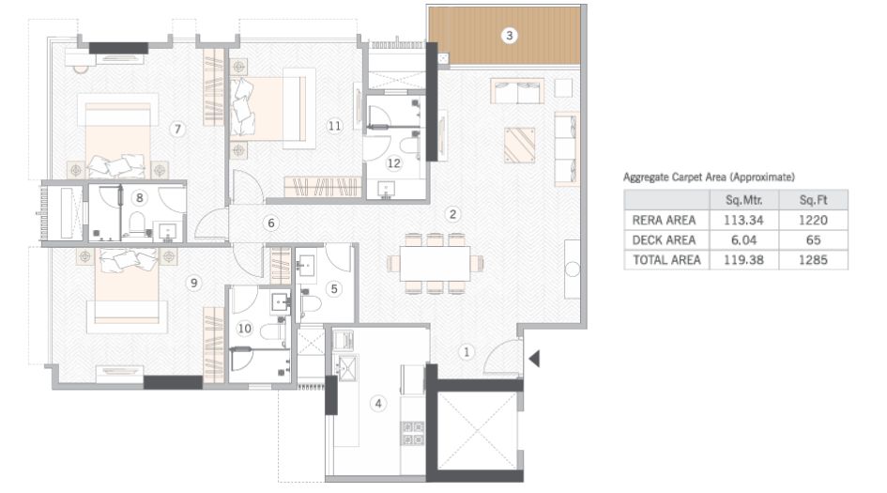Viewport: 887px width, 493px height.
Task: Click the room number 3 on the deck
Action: [x=509, y=36]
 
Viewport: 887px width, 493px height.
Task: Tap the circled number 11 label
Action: [x=333, y=124]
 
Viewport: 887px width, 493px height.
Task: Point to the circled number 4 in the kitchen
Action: [x=378, y=405]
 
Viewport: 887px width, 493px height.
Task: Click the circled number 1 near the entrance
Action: [x=466, y=352]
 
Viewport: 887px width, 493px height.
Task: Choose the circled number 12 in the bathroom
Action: [x=394, y=162]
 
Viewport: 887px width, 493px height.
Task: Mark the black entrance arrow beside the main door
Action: [x=534, y=359]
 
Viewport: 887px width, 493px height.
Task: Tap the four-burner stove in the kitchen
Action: [x=413, y=432]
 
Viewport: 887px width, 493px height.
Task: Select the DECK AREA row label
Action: [x=665, y=240]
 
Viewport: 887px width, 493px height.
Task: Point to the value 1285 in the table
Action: [x=814, y=260]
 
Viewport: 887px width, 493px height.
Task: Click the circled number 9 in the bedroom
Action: [x=193, y=282]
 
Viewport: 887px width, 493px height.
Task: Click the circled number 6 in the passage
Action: [x=270, y=223]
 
